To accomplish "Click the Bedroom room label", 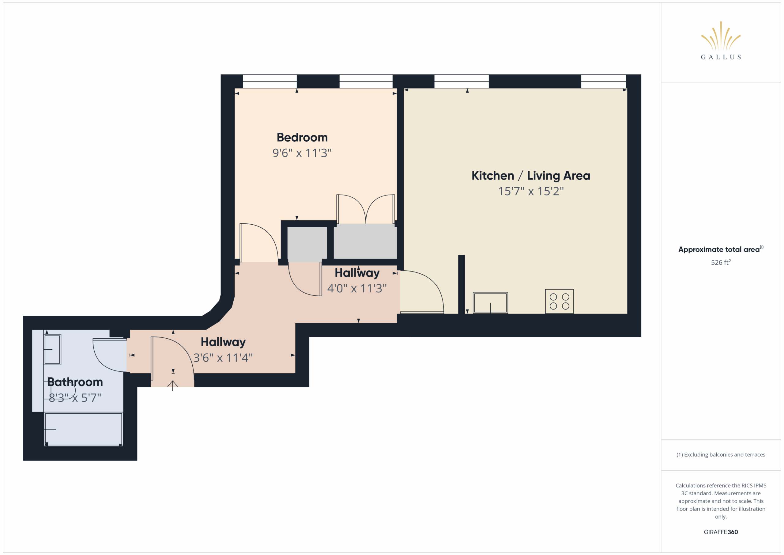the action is [x=302, y=137].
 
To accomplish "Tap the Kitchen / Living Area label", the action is [x=531, y=176].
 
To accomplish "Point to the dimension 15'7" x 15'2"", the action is [x=531, y=191].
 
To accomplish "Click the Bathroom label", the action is [x=75, y=382].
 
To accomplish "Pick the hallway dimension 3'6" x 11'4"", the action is [x=223, y=358].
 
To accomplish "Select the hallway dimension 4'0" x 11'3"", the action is [x=357, y=288].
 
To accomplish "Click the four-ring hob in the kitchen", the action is [x=559, y=302].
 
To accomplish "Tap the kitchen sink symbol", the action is [x=490, y=303].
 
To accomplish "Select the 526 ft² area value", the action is [x=721, y=262].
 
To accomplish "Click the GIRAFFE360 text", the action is [x=721, y=532].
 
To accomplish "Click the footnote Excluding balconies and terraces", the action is [x=721, y=454].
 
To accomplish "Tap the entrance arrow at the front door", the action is [x=172, y=386].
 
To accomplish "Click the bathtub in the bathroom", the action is [x=83, y=429].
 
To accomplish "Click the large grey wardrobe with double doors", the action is [x=365, y=241].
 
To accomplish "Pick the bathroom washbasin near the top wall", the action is [x=52, y=349].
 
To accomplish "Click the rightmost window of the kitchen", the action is [x=603, y=81].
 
